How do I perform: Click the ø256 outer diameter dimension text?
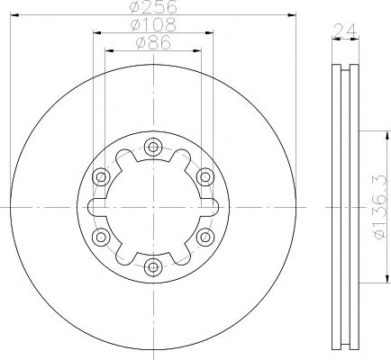click(x=152, y=7)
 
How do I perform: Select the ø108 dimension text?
click(x=152, y=26)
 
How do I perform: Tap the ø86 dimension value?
click(x=152, y=41)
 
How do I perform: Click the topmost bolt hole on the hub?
click(x=152, y=147)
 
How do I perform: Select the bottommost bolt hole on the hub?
click(x=152, y=266)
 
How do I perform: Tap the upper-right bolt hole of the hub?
click(x=205, y=176)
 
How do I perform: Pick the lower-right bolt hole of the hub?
click(x=205, y=237)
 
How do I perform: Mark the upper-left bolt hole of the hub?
click(x=101, y=176)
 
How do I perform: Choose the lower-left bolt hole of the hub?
click(x=101, y=237)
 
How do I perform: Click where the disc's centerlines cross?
click(x=152, y=207)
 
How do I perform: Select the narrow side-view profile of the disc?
click(x=342, y=207)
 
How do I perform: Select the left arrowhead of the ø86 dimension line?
click(x=109, y=49)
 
